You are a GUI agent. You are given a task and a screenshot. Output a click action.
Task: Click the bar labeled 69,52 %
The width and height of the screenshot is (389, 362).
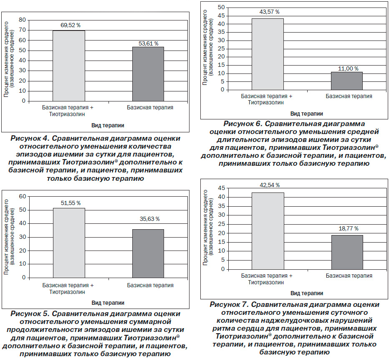click(69, 66)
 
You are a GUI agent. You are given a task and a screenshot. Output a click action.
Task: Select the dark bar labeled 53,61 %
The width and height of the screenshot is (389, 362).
click(148, 74)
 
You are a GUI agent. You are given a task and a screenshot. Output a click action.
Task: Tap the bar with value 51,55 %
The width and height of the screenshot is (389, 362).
click(69, 243)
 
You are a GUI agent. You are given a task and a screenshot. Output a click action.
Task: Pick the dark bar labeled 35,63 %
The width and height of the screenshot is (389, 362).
click(148, 253)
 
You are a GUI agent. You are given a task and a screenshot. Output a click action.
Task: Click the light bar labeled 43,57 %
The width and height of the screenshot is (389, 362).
click(268, 54)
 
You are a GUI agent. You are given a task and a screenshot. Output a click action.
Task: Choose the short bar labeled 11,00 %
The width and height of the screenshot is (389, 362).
click(347, 81)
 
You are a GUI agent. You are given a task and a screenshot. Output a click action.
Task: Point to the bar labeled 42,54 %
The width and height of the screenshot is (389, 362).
click(268, 231)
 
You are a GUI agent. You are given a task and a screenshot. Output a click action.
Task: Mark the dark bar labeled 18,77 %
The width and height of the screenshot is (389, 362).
click(347, 252)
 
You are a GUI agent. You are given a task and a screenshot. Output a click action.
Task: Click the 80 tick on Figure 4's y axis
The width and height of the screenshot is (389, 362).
click(22, 20)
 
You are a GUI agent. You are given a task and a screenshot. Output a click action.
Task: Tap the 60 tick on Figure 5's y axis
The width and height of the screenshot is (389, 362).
click(23, 197)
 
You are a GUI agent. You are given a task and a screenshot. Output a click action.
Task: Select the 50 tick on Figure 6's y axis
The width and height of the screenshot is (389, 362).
click(221, 8)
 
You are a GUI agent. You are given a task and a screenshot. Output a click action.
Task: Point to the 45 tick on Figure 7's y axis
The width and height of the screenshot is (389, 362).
click(221, 188)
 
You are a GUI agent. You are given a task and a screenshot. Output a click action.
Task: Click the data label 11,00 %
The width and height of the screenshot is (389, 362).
click(349, 69)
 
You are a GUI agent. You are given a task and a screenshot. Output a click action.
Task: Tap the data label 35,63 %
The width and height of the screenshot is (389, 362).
click(149, 219)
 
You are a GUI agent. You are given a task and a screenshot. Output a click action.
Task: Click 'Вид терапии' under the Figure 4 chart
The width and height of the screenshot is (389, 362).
click(108, 125)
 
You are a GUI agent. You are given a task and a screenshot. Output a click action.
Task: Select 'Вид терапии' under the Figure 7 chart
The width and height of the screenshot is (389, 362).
click(307, 293)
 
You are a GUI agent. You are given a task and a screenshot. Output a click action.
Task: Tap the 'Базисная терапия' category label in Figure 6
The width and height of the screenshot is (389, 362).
click(349, 96)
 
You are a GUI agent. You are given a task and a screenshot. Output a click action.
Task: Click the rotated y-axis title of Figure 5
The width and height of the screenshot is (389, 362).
click(9, 237)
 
